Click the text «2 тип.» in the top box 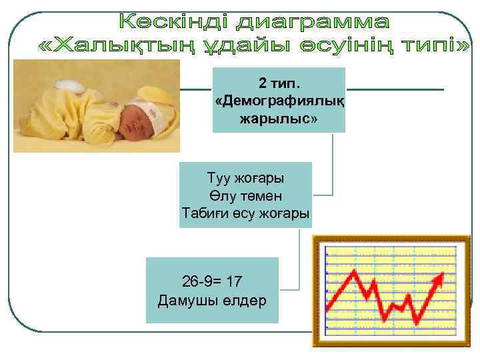click(279, 84)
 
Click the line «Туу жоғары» click(245, 179)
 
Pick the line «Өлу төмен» click(245, 196)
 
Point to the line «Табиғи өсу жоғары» click(245, 213)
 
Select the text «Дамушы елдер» click(212, 300)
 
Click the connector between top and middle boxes click(331, 167)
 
